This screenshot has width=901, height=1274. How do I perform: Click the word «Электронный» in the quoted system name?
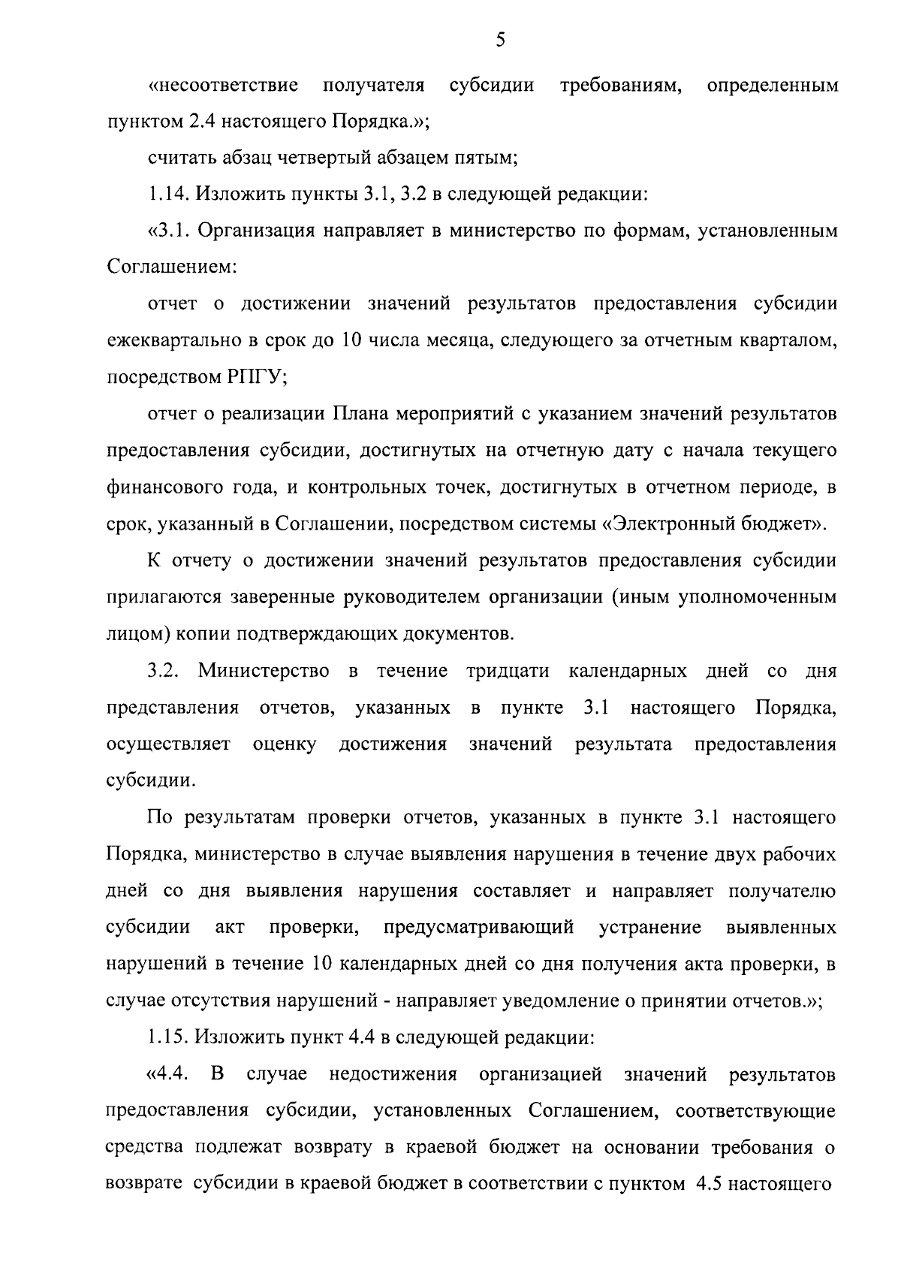[681, 524]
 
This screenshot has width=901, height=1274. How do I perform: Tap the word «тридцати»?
[508, 670]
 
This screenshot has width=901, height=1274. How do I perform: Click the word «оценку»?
[285, 744]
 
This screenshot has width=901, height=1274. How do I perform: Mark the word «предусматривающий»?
[479, 927]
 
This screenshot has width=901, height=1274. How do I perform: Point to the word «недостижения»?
[393, 1074]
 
